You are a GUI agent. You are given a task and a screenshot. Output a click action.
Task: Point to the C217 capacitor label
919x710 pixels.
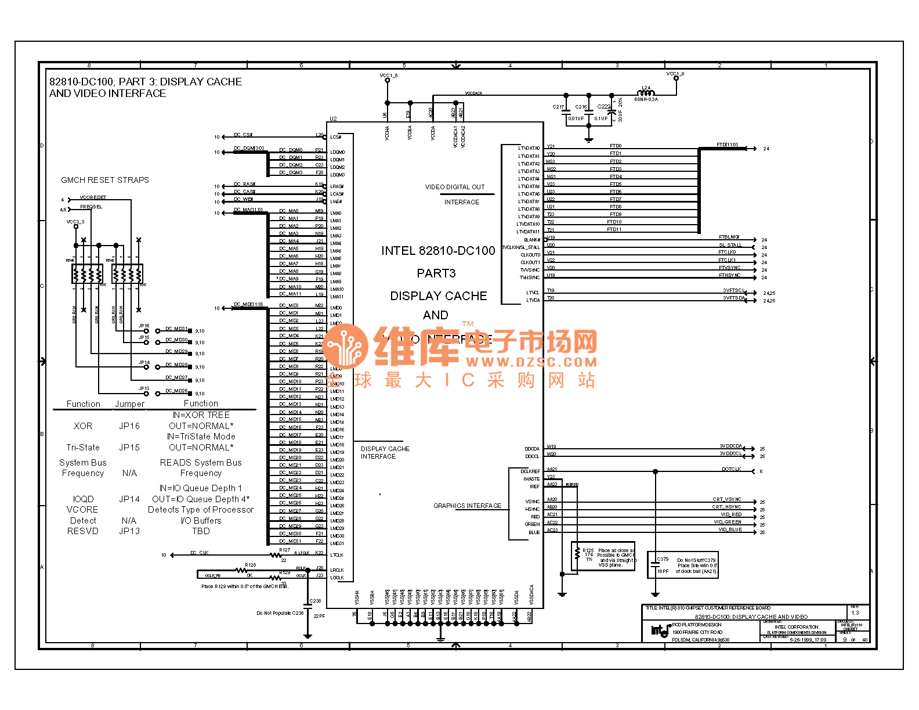pos(558,107)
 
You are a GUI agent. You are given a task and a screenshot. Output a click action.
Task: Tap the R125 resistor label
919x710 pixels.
pos(588,550)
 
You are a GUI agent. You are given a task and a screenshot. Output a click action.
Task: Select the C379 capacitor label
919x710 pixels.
pos(663,559)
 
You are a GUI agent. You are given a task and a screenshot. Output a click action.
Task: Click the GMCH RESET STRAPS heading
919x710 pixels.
pos(105,180)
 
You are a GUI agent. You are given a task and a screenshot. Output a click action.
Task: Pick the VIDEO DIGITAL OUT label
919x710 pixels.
pos(455,187)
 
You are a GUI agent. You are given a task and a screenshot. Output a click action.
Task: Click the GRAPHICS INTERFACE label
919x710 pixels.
pos(467,506)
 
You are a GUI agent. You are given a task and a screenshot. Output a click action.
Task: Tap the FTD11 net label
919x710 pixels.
pos(614,229)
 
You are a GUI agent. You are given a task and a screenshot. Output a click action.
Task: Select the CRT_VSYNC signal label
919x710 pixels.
pos(726,499)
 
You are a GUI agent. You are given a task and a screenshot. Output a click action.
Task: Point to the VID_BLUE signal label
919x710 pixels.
pos(730,529)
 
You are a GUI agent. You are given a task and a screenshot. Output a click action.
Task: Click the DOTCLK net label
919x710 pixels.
pos(731,469)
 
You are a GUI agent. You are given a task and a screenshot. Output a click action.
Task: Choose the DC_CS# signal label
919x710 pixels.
pos(243,135)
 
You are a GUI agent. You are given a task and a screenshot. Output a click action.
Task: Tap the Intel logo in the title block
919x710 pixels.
pos(660,630)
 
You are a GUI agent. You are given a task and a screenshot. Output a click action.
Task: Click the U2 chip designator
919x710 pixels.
pos(333,119)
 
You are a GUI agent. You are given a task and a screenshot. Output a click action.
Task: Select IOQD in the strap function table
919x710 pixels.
pos(83,499)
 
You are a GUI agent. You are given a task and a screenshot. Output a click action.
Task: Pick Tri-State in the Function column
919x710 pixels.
pos(83,448)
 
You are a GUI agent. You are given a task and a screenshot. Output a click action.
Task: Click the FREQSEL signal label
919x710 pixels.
pos(91,207)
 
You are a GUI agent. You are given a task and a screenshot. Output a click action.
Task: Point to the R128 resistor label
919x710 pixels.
pos(251,564)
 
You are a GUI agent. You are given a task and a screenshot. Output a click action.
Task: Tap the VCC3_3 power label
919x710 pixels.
pos(75,222)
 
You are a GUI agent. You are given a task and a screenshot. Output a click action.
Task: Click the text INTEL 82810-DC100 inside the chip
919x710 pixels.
pos(438,251)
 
